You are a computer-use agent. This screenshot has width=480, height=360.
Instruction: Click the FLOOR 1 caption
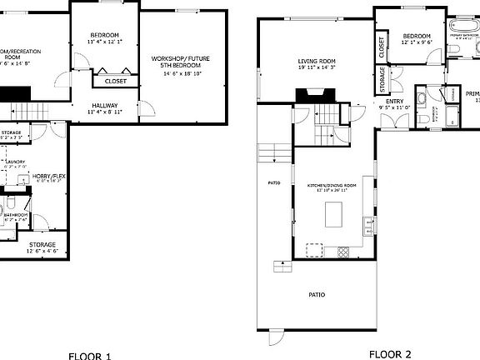click(89, 356)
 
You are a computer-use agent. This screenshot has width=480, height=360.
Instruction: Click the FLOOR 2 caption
click(390, 354)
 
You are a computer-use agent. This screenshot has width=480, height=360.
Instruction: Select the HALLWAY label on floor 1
click(105, 105)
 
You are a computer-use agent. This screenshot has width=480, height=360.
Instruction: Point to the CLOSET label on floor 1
click(115, 82)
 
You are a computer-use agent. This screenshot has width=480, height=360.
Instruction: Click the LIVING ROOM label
click(317, 61)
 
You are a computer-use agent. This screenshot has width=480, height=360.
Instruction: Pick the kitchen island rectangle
click(337, 216)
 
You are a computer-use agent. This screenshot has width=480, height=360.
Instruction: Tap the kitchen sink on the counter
click(367, 222)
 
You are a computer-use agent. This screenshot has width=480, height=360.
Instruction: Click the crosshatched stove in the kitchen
click(341, 252)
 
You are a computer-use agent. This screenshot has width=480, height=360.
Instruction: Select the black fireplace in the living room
click(306, 95)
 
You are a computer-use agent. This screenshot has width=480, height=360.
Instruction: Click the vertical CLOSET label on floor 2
click(381, 48)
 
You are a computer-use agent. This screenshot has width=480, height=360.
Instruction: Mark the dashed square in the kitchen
click(314, 249)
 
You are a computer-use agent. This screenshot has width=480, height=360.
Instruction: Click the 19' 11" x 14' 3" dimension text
click(317, 68)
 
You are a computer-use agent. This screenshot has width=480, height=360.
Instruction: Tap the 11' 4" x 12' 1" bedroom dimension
click(105, 42)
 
